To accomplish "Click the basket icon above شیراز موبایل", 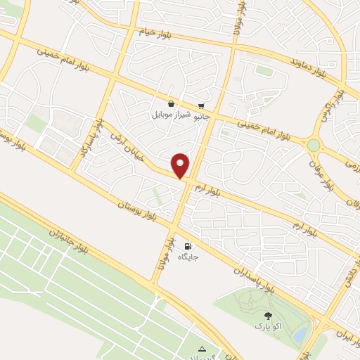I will [x=171, y=103].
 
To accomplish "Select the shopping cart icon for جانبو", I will [x=202, y=103].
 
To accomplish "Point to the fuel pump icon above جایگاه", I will [x=188, y=246].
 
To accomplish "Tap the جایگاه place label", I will [x=188, y=257].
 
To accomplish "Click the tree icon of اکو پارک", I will [x=267, y=316].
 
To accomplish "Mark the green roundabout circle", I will [x=313, y=145].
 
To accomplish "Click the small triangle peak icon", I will [x=202, y=348].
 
